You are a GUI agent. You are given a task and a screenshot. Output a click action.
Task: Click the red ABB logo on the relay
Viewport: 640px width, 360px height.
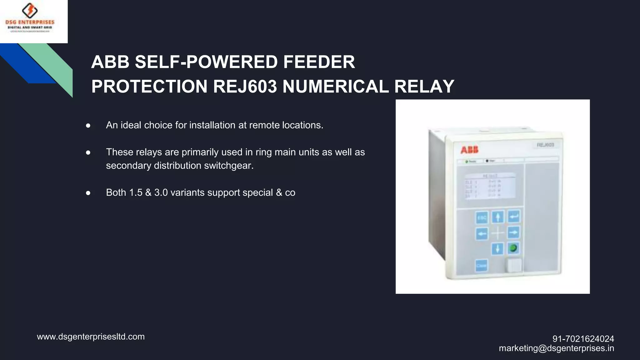pyautogui.click(x=469, y=150)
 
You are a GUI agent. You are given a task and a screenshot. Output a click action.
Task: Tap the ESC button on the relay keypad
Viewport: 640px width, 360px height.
pyautogui.click(x=482, y=217)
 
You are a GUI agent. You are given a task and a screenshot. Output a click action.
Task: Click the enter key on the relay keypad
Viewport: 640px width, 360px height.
pyautogui.click(x=514, y=216)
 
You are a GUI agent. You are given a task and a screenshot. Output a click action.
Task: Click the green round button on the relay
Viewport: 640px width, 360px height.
pyautogui.click(x=513, y=248)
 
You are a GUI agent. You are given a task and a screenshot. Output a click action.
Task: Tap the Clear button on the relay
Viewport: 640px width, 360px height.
pyautogui.click(x=481, y=266)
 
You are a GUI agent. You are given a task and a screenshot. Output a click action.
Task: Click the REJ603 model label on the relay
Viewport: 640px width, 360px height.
pyautogui.click(x=545, y=145)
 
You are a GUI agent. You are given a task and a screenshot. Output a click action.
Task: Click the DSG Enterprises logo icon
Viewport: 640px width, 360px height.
pyautogui.click(x=30, y=11)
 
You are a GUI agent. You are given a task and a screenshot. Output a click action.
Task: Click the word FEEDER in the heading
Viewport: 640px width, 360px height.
pyautogui.click(x=319, y=62)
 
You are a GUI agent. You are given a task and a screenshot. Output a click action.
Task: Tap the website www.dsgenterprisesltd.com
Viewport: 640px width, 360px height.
pyautogui.click(x=91, y=337)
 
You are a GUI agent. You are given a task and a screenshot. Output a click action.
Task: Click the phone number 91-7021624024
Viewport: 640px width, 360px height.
pyautogui.click(x=583, y=339)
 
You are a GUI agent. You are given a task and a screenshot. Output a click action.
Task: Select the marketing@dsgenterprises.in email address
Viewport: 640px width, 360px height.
pyautogui.click(x=556, y=348)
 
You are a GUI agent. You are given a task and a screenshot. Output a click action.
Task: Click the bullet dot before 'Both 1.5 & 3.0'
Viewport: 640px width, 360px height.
pyautogui.click(x=88, y=193)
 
